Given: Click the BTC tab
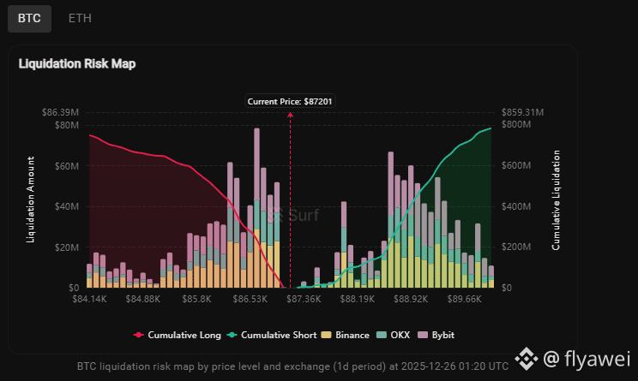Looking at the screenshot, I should (29, 17).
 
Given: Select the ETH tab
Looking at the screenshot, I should (81, 17).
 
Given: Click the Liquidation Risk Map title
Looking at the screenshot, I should (77, 63).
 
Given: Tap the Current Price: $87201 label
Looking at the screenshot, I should (290, 102).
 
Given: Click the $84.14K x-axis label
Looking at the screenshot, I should (89, 300).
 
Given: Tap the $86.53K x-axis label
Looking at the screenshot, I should (250, 300).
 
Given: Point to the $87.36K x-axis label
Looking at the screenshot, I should (304, 300).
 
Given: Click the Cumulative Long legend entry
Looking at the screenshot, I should (178, 335).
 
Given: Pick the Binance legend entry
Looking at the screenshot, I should (349, 335).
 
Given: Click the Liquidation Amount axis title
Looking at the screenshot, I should (31, 199).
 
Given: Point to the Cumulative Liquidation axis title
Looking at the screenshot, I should (556, 199).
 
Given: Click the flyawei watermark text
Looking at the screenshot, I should (594, 356).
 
